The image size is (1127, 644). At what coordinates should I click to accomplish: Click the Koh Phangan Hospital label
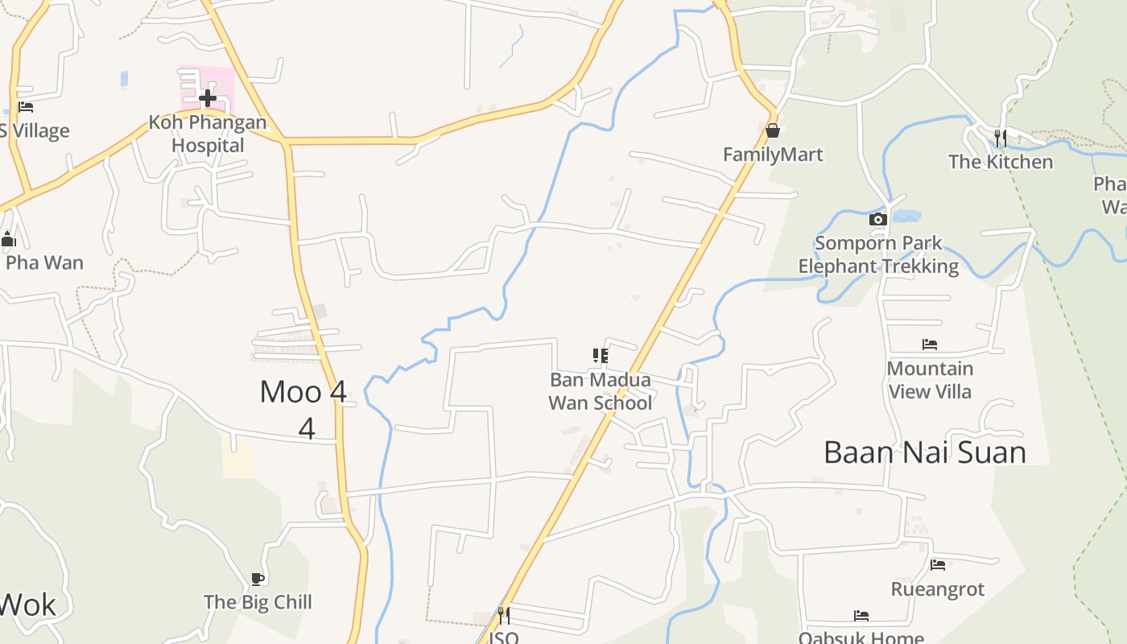click(208, 134)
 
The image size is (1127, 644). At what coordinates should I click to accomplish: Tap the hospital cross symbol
click(208, 98)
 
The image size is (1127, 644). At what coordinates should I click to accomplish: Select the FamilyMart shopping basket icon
click(773, 130)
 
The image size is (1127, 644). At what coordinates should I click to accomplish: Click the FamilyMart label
click(773, 155)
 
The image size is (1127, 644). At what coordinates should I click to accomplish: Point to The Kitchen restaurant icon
click(1000, 138)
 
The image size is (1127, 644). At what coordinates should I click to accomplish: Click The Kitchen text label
click(1000, 162)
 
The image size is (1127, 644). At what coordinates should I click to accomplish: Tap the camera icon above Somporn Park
click(878, 219)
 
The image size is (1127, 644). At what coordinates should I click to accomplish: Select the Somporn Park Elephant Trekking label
click(878, 254)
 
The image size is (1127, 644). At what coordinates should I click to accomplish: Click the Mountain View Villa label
click(930, 380)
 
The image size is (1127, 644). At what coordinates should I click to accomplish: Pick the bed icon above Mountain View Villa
click(930, 345)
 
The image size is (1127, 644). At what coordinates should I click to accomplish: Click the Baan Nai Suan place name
click(924, 452)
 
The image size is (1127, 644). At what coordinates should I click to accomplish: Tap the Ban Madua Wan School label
click(600, 391)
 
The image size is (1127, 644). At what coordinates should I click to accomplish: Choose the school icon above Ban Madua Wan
click(600, 356)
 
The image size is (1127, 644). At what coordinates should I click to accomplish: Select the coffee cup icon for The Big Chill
click(258, 578)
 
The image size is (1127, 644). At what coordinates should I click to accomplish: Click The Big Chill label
click(258, 602)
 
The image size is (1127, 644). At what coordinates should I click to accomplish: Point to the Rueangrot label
click(937, 589)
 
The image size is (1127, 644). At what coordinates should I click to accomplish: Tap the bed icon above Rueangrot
click(937, 565)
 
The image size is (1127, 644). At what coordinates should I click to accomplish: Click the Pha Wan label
click(44, 262)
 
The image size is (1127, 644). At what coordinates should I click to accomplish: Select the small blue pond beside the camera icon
click(906, 216)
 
